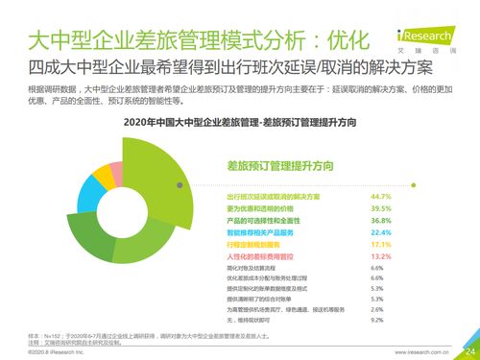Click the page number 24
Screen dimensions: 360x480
click(x=468, y=350)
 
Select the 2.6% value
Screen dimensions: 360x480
click(x=377, y=308)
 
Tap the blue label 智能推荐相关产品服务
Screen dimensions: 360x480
click(x=252, y=231)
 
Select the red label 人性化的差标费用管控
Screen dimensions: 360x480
click(x=252, y=256)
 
